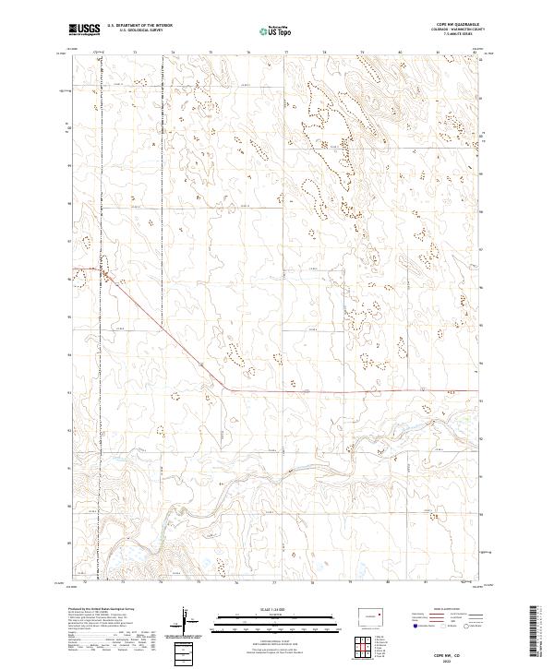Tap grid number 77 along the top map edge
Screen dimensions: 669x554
tap(285, 53)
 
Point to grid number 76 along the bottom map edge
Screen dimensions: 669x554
tap(236, 583)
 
